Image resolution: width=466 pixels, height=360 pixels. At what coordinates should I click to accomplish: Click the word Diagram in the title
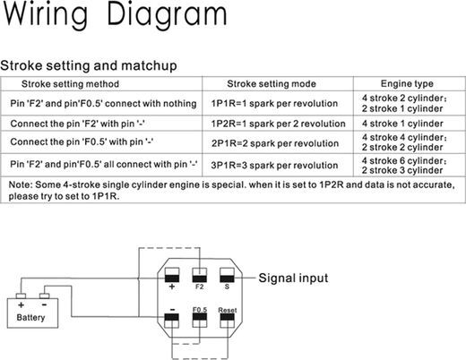167,15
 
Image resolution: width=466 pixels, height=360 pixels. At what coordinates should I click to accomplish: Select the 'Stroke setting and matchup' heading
89,65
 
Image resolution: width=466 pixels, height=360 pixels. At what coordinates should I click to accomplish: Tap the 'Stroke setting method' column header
70,84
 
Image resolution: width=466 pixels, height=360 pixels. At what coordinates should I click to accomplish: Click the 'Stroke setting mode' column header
272,84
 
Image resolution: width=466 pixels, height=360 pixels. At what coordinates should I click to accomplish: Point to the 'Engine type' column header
407,83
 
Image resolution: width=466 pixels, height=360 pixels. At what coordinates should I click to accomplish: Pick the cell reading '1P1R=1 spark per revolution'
274,103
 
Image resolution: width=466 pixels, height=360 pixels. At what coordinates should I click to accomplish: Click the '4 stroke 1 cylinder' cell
402,124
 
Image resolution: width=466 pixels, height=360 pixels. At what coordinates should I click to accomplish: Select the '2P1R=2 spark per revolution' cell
275,143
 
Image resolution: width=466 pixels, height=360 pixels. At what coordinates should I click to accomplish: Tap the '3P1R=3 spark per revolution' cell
274,165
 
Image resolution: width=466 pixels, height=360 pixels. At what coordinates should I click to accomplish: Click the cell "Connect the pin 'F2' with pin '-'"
78,124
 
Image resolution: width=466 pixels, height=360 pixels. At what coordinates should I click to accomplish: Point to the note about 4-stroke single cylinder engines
231,190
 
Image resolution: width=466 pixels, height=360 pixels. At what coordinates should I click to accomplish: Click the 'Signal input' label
293,278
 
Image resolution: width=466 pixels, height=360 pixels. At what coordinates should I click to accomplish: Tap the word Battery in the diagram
30,318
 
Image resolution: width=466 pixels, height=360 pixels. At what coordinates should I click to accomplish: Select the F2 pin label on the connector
199,287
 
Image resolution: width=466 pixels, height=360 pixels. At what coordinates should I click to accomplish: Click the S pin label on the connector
227,287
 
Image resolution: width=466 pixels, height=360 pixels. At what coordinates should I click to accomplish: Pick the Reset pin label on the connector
228,310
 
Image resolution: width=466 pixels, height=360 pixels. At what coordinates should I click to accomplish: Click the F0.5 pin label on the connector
200,310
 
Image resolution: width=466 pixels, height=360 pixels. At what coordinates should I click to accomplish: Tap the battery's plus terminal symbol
21,304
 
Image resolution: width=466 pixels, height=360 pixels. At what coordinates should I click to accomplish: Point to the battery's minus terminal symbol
44,304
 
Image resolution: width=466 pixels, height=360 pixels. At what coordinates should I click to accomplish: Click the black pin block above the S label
227,279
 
